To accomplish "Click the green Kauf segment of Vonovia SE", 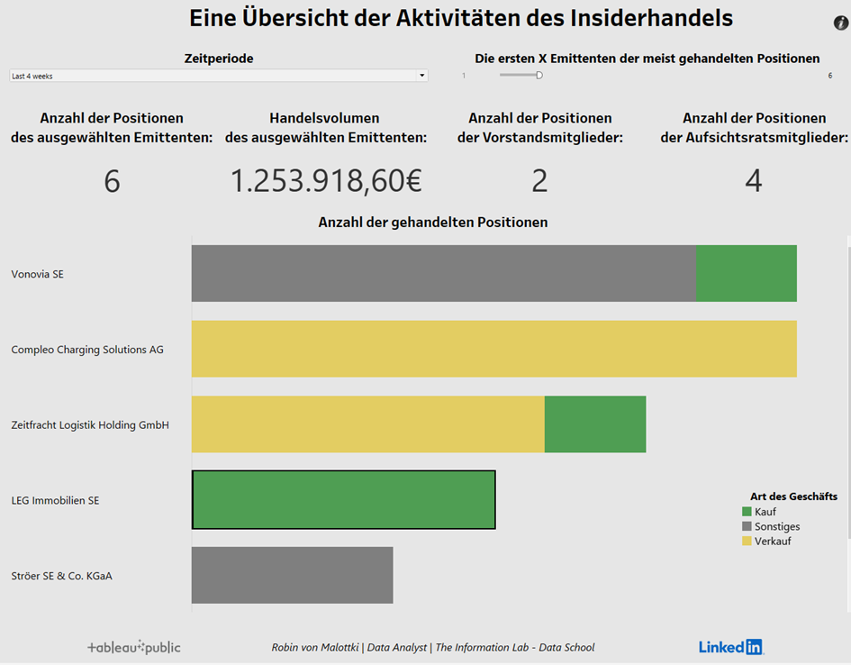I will tap(747, 273).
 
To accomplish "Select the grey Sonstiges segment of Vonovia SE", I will tap(443, 273).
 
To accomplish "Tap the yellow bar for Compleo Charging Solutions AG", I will tap(493, 349).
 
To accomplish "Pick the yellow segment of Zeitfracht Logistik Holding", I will tap(367, 424).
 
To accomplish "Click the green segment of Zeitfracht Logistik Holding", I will tap(595, 424).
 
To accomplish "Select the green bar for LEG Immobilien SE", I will tap(343, 499).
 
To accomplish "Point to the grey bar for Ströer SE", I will tap(292, 575).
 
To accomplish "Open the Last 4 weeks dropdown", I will tap(218, 76).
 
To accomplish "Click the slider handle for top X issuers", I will tap(539, 76).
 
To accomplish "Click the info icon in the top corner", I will tap(841, 23).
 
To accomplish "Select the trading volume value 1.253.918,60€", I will tap(326, 181).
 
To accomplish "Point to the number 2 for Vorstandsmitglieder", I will tap(539, 181).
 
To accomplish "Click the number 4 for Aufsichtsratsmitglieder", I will tap(754, 181).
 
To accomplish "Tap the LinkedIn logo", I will tap(730, 647).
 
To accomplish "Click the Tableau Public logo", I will tap(133, 647).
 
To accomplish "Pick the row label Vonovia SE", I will tap(37, 274).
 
